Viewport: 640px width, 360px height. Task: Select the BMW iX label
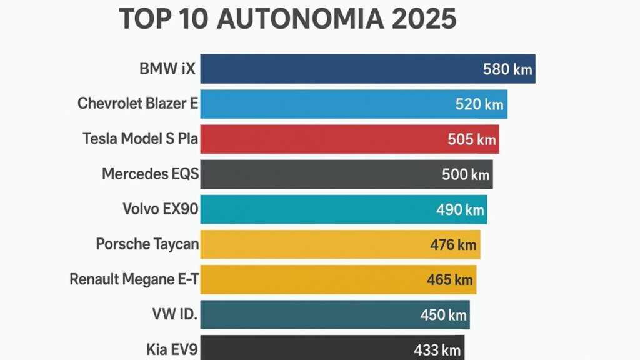(167, 69)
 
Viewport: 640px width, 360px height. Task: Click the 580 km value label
(507, 69)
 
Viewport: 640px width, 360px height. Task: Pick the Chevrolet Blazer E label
(137, 104)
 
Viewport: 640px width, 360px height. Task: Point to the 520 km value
(479, 104)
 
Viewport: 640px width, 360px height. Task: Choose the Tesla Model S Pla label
(140, 139)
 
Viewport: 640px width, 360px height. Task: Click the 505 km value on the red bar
(472, 139)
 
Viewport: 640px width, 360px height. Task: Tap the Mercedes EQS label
(150, 174)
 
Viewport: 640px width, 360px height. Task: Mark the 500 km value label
(466, 174)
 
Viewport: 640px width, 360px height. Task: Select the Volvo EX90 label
(161, 209)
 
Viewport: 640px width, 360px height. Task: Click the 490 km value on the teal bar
(460, 210)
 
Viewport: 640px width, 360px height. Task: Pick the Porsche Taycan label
(147, 244)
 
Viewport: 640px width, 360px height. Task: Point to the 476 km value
(453, 245)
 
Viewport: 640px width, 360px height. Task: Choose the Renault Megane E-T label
(134, 279)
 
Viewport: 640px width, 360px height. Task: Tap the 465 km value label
(449, 280)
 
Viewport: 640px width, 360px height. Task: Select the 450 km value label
(443, 315)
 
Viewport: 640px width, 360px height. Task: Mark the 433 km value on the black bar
(437, 350)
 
